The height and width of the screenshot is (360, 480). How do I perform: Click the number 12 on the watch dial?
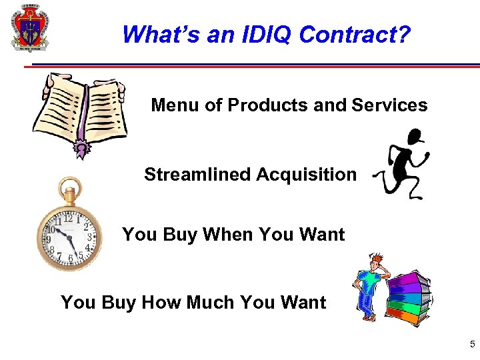68,218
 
